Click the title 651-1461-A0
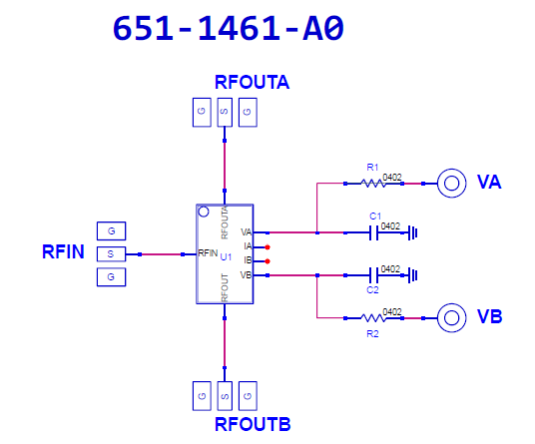(x=229, y=29)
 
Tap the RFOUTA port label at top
(x=253, y=82)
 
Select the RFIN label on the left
(x=63, y=252)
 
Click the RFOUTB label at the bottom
(x=253, y=425)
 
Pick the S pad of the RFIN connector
(x=111, y=254)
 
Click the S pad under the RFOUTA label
(x=225, y=112)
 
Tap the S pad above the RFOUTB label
(x=225, y=396)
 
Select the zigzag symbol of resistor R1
(x=373, y=184)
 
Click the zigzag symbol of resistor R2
(x=373, y=318)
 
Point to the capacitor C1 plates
(x=374, y=232)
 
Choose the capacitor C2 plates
(x=374, y=275)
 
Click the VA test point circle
(x=452, y=184)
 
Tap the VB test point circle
(x=452, y=318)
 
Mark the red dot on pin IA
(x=267, y=247)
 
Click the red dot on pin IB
(x=267, y=261)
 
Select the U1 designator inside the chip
(x=226, y=257)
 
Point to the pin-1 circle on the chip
(x=204, y=213)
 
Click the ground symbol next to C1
(x=413, y=233)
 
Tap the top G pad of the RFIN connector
(x=111, y=231)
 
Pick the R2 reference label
(x=372, y=334)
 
